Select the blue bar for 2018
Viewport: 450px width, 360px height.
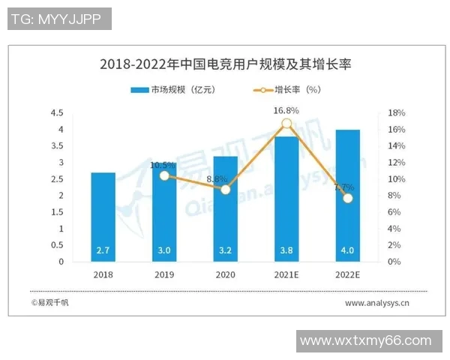[x=103, y=217]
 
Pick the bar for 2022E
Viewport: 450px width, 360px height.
[x=347, y=196]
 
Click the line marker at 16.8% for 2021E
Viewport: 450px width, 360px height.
[x=286, y=124]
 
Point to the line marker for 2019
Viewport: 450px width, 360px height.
[x=164, y=175]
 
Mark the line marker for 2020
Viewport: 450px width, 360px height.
[x=225, y=190]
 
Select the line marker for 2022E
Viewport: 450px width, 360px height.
[x=347, y=198]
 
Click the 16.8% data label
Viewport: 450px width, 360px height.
[x=286, y=110]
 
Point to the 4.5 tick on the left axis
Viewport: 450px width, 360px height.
[x=57, y=113]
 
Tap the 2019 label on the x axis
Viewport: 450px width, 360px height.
[x=164, y=274]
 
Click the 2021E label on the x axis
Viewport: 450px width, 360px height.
[x=286, y=274]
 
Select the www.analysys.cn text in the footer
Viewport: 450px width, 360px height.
[x=376, y=304]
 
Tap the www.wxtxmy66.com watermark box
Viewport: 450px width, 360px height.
[x=366, y=341]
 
